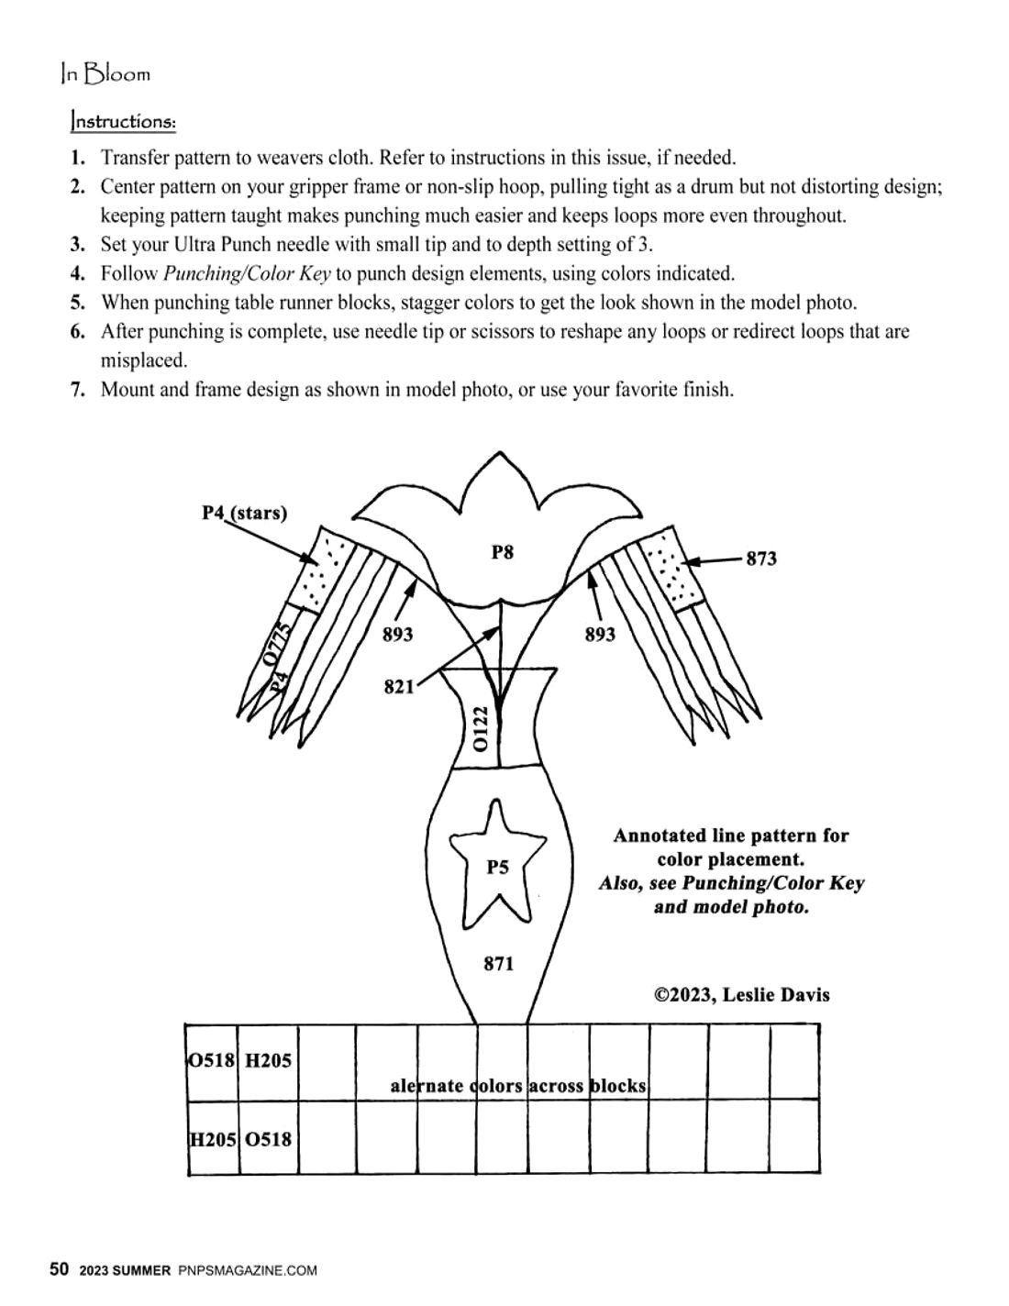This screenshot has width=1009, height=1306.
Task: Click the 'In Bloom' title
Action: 105,74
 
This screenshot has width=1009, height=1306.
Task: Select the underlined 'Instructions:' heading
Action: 123,121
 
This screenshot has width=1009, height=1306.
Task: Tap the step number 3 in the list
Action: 78,244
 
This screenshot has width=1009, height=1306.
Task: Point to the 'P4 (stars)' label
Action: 244,513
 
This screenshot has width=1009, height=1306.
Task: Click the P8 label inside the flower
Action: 502,552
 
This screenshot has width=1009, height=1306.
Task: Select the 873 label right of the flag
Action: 760,559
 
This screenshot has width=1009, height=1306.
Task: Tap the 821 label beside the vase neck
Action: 399,687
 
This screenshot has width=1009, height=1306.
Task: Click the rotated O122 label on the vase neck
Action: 481,728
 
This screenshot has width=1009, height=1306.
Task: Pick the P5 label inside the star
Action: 497,867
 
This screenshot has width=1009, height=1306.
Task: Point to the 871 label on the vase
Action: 498,964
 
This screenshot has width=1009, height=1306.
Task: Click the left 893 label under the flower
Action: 397,635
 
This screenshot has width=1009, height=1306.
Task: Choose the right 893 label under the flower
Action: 600,635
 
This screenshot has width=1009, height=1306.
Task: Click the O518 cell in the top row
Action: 213,1061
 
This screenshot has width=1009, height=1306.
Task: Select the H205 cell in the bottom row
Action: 213,1140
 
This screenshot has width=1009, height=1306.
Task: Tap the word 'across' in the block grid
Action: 557,1086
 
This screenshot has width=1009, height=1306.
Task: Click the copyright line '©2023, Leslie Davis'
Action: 741,995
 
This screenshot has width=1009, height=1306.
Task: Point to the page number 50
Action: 59,1269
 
